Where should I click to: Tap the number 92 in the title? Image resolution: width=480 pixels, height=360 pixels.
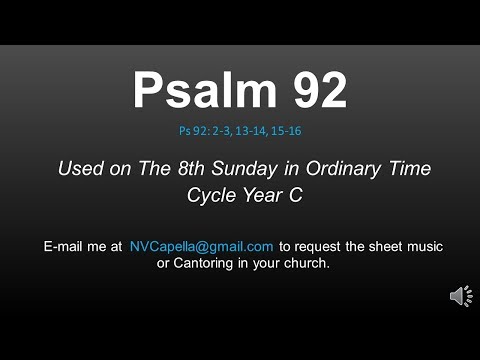click(313, 92)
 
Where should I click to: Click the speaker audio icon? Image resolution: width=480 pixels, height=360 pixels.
click(461, 296)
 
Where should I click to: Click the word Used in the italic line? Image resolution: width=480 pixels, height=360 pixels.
click(81, 169)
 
